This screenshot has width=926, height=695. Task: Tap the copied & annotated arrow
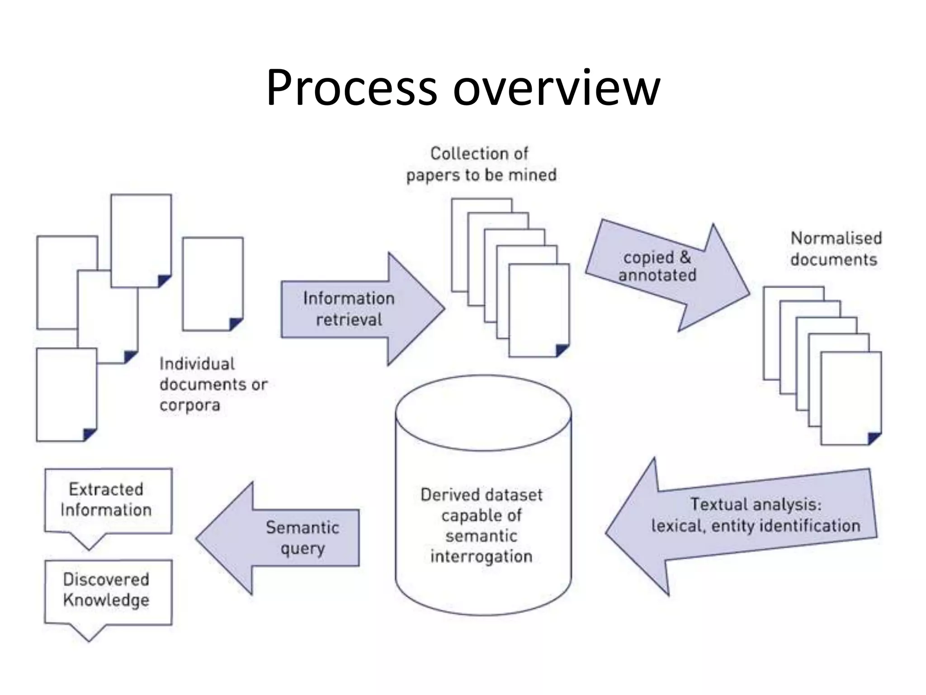665,271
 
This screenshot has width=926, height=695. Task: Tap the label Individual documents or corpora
213,385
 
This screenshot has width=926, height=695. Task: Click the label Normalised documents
836,249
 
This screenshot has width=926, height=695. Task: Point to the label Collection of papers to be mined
481,164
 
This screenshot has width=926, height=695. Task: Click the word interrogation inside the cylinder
481,556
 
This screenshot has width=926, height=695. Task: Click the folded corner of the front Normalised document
874,438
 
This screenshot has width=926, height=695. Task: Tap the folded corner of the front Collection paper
562,350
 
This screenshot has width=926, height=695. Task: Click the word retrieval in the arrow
349,320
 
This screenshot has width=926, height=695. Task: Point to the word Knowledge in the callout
106,600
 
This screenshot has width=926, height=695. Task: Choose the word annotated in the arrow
657,275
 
